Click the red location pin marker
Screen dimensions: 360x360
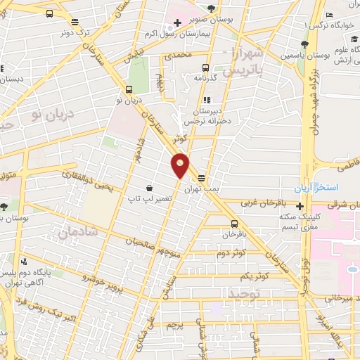click(x=181, y=165)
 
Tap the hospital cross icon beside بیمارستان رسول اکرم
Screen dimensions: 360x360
click(x=178, y=22)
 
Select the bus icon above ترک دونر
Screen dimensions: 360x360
click(x=50, y=13)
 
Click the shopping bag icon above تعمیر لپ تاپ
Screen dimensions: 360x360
click(x=150, y=188)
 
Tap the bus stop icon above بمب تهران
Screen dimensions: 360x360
click(x=202, y=179)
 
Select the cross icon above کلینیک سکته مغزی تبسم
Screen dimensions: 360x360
click(x=300, y=207)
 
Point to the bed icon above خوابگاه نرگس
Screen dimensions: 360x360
click(x=329, y=15)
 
